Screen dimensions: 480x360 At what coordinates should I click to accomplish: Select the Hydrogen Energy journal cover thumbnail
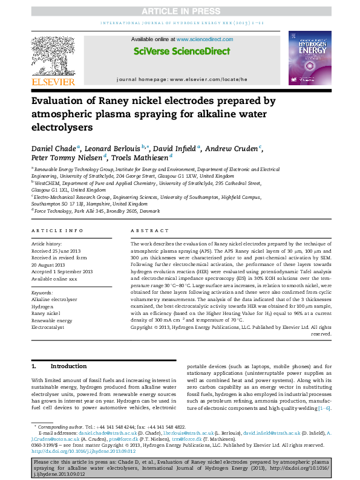[x=309, y=59]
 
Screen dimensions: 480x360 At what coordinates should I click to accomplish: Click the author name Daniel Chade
[x=52, y=149]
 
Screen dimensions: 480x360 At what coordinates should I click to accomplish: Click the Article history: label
[x=46, y=243]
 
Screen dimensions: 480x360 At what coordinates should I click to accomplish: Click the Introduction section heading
[x=68, y=366]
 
